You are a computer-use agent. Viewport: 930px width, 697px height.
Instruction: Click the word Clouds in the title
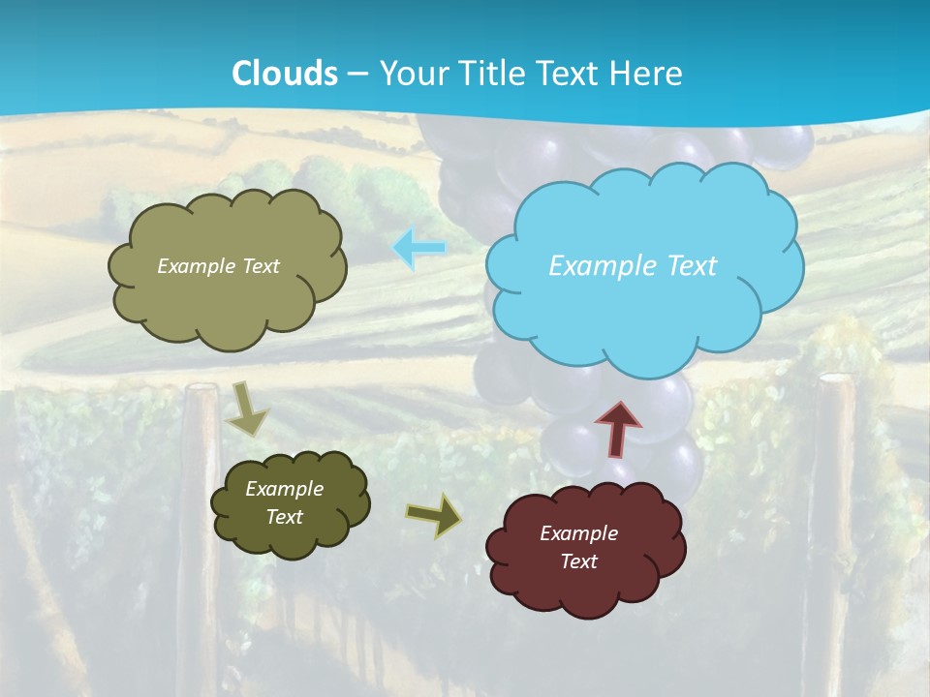click(x=285, y=73)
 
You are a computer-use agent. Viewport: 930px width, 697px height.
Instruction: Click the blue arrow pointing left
click(x=419, y=248)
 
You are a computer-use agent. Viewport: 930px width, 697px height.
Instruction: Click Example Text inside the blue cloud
click(x=633, y=265)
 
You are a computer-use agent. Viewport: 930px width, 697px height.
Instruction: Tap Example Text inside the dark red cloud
click(x=578, y=547)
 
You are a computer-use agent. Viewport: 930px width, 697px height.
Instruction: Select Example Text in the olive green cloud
click(x=218, y=266)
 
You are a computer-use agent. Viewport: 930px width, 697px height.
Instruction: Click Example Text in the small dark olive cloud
click(x=284, y=502)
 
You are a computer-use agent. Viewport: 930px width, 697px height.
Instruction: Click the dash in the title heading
click(x=357, y=74)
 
